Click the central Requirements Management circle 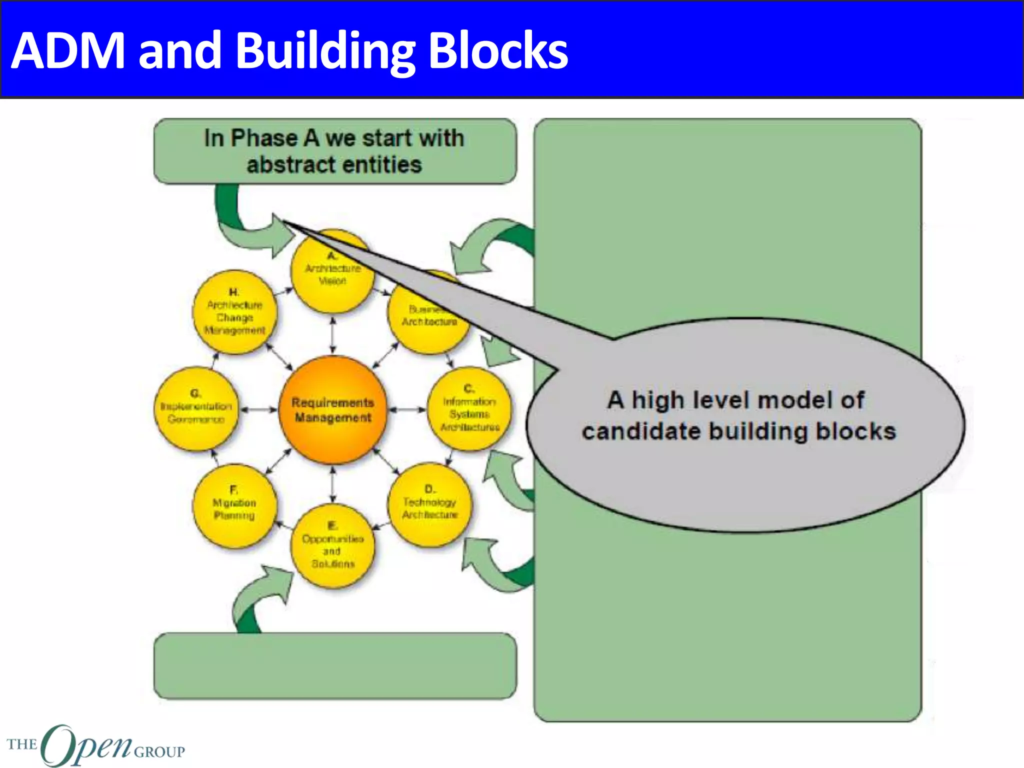(x=332, y=410)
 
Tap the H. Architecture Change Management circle (x=234, y=312)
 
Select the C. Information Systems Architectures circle (x=469, y=410)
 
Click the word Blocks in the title (x=498, y=50)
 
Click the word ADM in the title (x=68, y=50)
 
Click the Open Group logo (x=95, y=746)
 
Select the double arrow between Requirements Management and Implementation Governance (x=258, y=410)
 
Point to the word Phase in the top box (x=263, y=138)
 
